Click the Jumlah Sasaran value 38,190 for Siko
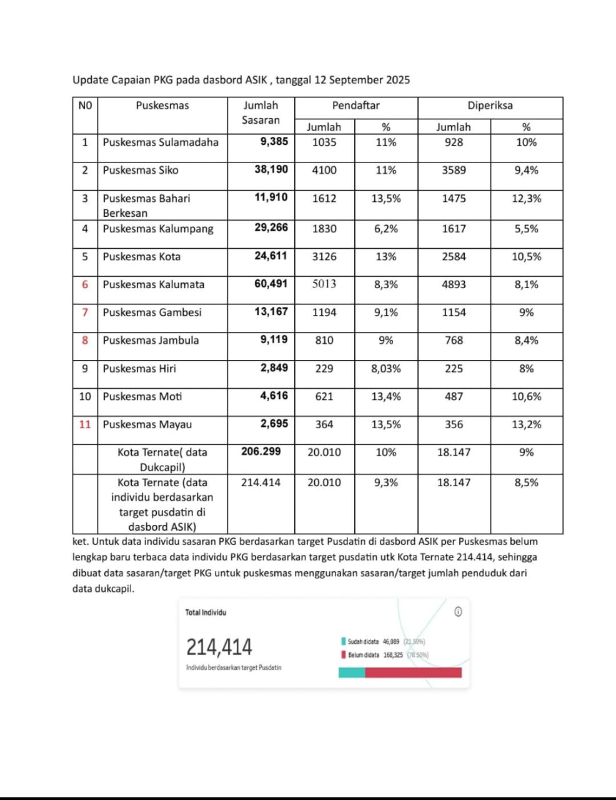(271, 169)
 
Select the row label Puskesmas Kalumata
(154, 284)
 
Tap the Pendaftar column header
(355, 106)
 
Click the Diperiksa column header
(490, 106)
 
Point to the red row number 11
(85, 424)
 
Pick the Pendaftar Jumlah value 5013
(324, 284)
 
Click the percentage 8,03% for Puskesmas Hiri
(386, 369)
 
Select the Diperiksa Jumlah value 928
(454, 142)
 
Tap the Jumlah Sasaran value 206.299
(261, 451)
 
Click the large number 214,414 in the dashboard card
(219, 647)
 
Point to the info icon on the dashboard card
(458, 612)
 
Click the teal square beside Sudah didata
(344, 641)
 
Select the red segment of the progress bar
(413, 672)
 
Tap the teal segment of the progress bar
(352, 672)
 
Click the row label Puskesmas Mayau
(147, 424)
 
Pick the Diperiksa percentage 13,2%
(526, 424)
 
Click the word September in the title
(357, 79)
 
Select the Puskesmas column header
(162, 106)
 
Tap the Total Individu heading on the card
(206, 612)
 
